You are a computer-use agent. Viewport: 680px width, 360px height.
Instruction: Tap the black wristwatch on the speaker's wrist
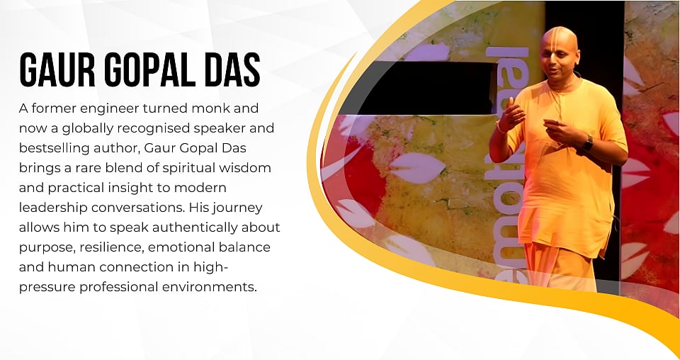pos(587,143)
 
